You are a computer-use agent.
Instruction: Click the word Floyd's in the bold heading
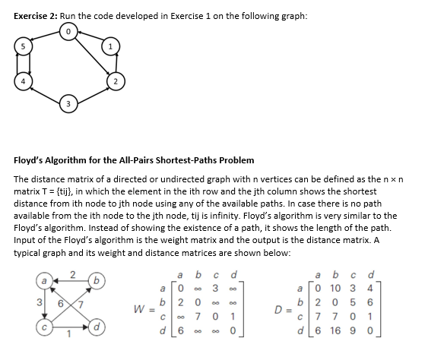click(32, 160)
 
